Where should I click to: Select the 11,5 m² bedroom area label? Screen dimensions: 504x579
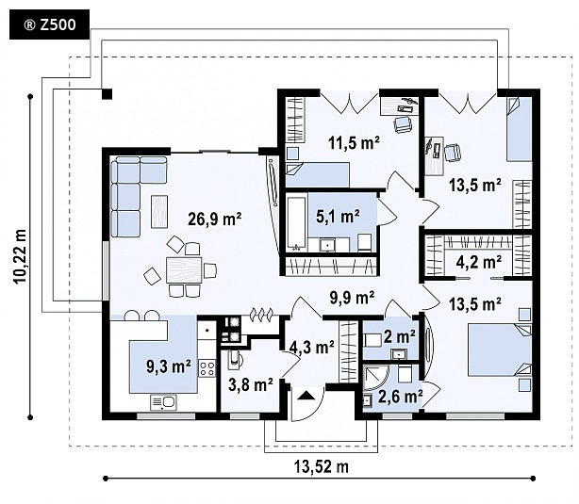click(353, 143)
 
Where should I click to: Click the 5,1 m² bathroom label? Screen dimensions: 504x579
click(338, 216)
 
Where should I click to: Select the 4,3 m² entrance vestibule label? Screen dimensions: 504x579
click(312, 347)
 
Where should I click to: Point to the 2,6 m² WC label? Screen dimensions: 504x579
click(399, 396)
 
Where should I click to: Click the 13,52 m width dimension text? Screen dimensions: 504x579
click(322, 465)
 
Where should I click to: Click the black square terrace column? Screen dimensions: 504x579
click(108, 93)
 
